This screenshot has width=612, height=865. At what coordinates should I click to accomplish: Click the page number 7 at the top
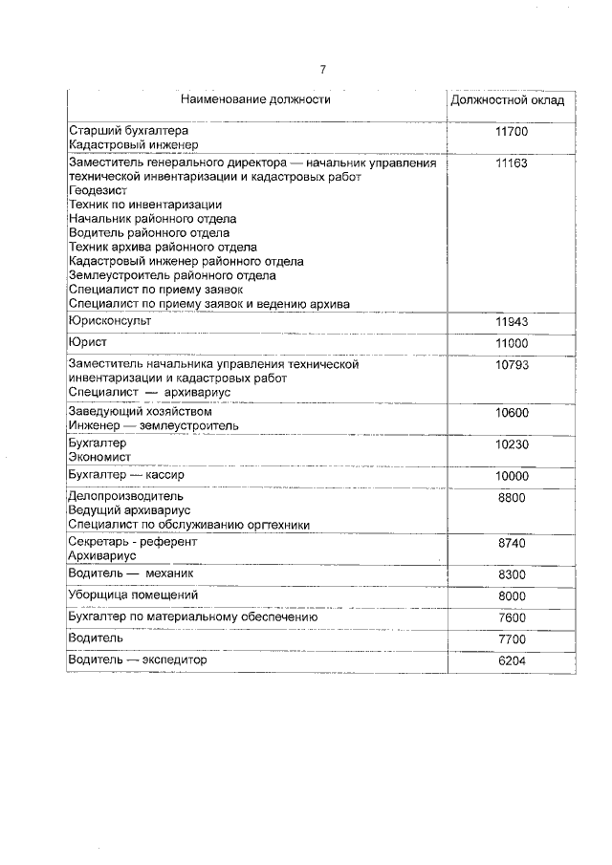pos(323,69)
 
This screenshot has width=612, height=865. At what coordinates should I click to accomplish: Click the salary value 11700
pos(512,131)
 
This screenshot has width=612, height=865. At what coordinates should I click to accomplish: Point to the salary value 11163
pos(512,163)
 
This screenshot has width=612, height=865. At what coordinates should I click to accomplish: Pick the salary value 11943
pos(512,322)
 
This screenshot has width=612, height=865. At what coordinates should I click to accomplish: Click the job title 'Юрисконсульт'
pos(110,321)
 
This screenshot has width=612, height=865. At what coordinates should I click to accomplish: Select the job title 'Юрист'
pos(88,342)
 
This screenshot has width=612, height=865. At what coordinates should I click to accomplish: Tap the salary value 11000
pos(512,343)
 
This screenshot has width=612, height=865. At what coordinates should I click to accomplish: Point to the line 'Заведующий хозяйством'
pos(141,412)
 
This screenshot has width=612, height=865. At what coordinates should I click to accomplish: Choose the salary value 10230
pos(512,444)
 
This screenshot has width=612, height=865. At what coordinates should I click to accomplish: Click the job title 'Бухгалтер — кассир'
pos(125,475)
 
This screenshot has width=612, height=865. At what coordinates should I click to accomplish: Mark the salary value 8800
pos(512,497)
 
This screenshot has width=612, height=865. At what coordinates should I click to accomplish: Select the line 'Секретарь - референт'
pos(133,541)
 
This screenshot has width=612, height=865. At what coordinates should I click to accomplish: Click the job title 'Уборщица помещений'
pos(133,595)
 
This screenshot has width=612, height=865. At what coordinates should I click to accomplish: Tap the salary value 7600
pos(512,618)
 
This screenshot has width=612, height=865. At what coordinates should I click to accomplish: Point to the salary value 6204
pos(512,661)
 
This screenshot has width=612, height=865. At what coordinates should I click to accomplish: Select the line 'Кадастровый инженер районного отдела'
pos(186,261)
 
